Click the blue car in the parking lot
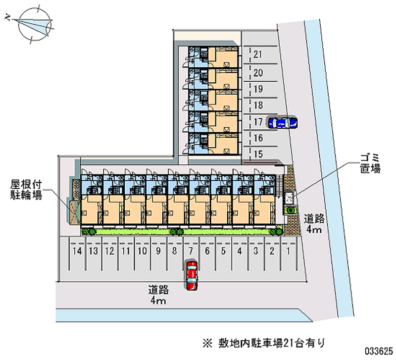pyautogui.click(x=282, y=122)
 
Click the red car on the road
pyautogui.click(x=192, y=275)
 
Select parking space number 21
pyautogui.click(x=257, y=54)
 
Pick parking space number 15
pyautogui.click(x=257, y=154)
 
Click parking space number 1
pyautogui.click(x=288, y=252)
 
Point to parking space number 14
pyautogui.click(x=76, y=252)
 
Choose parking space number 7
pyautogui.click(x=190, y=252)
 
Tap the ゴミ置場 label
pyautogui.click(x=370, y=163)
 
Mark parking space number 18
pyautogui.click(x=257, y=105)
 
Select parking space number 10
pyautogui.click(x=142, y=252)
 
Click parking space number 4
pyautogui.click(x=239, y=252)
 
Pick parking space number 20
pyautogui.click(x=257, y=72)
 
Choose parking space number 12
pyautogui.click(x=109, y=252)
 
